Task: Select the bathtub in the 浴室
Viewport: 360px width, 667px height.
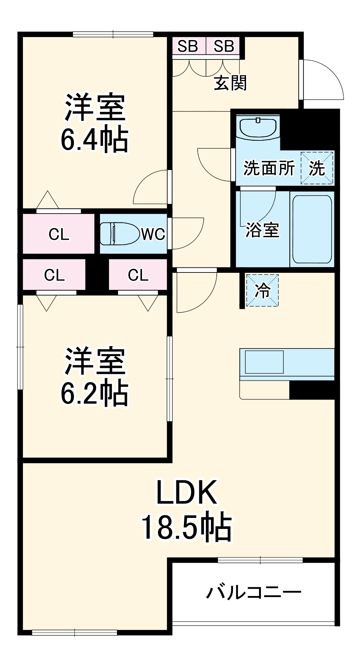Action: click(312, 229)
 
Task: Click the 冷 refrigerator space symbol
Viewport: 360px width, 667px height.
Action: click(262, 290)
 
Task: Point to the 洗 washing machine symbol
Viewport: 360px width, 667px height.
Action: click(317, 168)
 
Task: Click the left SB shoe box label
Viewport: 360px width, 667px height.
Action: click(188, 46)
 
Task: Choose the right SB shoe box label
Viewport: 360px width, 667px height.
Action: click(224, 46)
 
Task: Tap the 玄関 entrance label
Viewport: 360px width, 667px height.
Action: click(230, 83)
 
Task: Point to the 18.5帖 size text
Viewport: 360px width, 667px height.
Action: click(187, 527)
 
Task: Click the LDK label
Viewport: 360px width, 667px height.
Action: click(187, 492)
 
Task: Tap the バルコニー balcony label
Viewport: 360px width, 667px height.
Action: click(254, 592)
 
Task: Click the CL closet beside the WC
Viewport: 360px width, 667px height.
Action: click(59, 234)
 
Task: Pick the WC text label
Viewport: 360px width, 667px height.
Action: click(153, 234)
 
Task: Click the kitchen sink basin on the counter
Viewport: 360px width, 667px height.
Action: click(264, 362)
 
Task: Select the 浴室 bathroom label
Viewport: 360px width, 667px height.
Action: click(262, 230)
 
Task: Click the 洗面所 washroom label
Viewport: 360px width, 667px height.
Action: click(269, 168)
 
